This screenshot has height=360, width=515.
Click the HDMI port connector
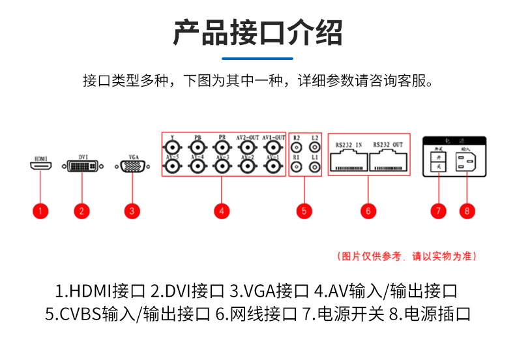pyautogui.click(x=40, y=167)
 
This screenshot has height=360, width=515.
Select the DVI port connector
pyautogui.click(x=82, y=168)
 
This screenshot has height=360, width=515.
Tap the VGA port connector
pyautogui.click(x=132, y=168)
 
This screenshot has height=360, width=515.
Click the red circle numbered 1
pyautogui.click(x=40, y=210)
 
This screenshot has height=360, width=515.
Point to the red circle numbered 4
pyautogui.click(x=222, y=210)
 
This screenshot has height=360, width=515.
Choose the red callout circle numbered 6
pyautogui.click(x=368, y=210)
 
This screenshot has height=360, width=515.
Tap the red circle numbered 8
pyautogui.click(x=467, y=210)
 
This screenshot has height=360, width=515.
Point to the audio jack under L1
pyautogui.click(x=315, y=168)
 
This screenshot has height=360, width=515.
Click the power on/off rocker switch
pyautogui.click(x=439, y=163)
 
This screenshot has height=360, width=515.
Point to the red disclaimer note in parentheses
pyautogui.click(x=407, y=256)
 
